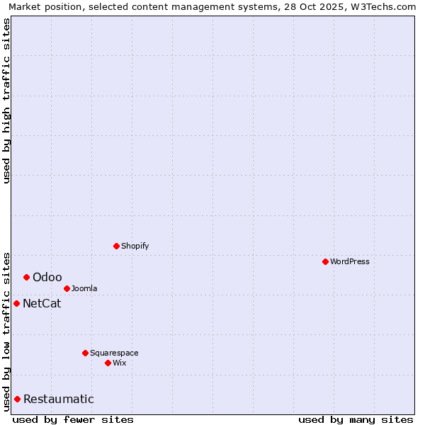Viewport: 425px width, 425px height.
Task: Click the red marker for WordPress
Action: (325, 261)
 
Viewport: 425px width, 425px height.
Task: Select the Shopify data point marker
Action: (116, 246)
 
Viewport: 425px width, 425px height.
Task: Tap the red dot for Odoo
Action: (26, 277)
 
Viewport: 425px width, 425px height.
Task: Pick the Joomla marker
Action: (67, 288)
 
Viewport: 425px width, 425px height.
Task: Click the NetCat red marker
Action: (16, 303)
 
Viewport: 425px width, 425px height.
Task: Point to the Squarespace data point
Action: (85, 353)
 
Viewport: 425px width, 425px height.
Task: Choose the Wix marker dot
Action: (108, 363)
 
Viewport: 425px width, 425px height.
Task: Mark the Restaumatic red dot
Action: (17, 399)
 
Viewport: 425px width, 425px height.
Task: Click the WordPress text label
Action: (350, 261)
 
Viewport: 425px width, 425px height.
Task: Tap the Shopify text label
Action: (135, 246)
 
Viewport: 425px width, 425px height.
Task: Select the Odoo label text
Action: (47, 277)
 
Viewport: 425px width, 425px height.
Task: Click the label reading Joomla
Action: (84, 288)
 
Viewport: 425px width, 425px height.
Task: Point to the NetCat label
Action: (42, 304)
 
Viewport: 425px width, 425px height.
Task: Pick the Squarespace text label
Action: (114, 353)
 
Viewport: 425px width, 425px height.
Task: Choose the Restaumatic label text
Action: (58, 399)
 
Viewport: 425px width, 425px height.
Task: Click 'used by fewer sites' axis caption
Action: (73, 419)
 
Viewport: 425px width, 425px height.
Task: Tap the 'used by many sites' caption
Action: (356, 419)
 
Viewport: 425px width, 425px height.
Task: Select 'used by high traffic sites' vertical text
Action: (7, 100)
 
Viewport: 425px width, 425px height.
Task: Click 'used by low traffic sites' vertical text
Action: (7, 331)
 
